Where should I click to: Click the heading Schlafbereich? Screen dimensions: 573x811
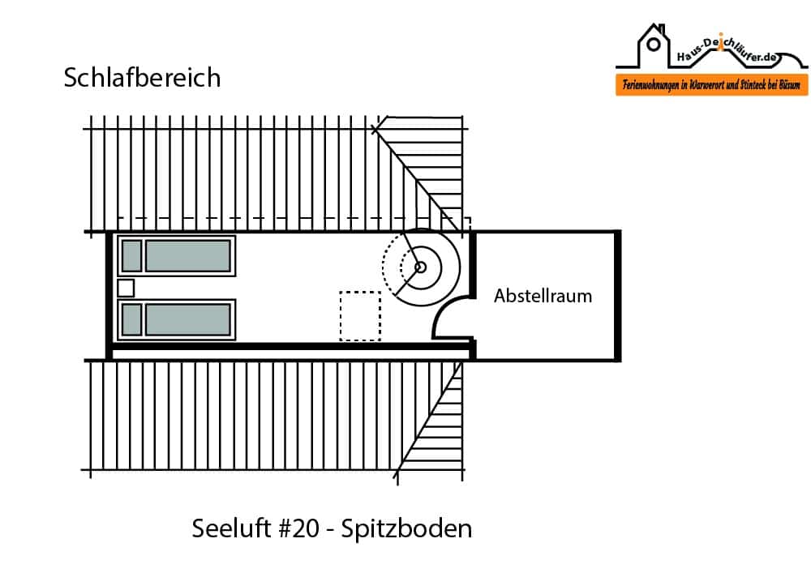tap(142, 78)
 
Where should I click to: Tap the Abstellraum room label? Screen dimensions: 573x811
tap(543, 296)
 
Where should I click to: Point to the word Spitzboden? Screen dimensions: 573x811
tap(406, 528)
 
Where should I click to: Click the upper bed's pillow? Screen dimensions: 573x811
tap(131, 255)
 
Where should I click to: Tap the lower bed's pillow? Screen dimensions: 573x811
tap(131, 319)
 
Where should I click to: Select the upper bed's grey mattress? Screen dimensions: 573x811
tap(187, 255)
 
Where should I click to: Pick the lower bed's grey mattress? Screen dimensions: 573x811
tap(187, 319)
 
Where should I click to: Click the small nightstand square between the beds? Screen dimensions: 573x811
tap(126, 288)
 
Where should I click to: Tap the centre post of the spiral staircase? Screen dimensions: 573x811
tap(420, 267)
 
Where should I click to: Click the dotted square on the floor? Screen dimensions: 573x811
tap(360, 315)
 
